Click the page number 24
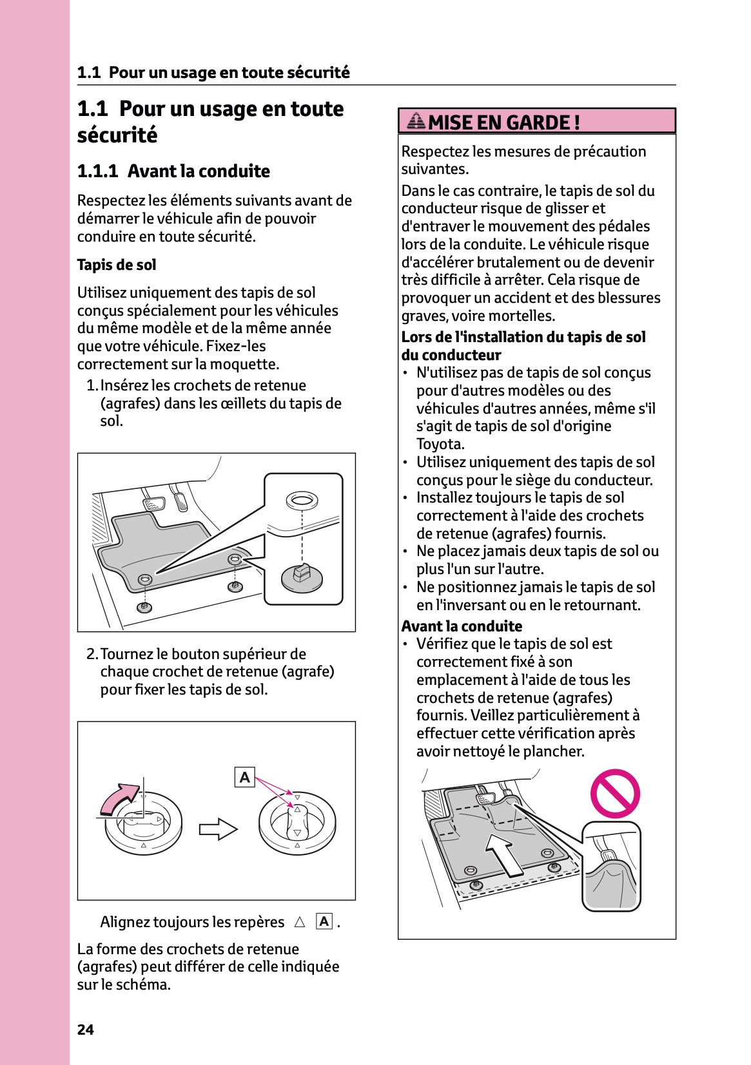click(85, 1030)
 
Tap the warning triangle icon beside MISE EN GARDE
click(417, 120)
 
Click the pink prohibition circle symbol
click(615, 793)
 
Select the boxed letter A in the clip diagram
click(244, 777)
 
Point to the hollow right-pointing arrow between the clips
click(218, 829)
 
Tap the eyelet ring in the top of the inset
click(302, 499)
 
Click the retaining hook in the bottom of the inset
click(301, 575)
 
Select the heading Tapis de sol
click(117, 265)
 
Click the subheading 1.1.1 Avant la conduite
click(173, 171)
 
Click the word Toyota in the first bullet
click(440, 444)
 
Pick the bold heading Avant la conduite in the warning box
click(462, 626)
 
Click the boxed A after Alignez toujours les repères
click(324, 921)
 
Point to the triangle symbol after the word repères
click(299, 922)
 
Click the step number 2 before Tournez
click(92, 654)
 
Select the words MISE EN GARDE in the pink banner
click(503, 122)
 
